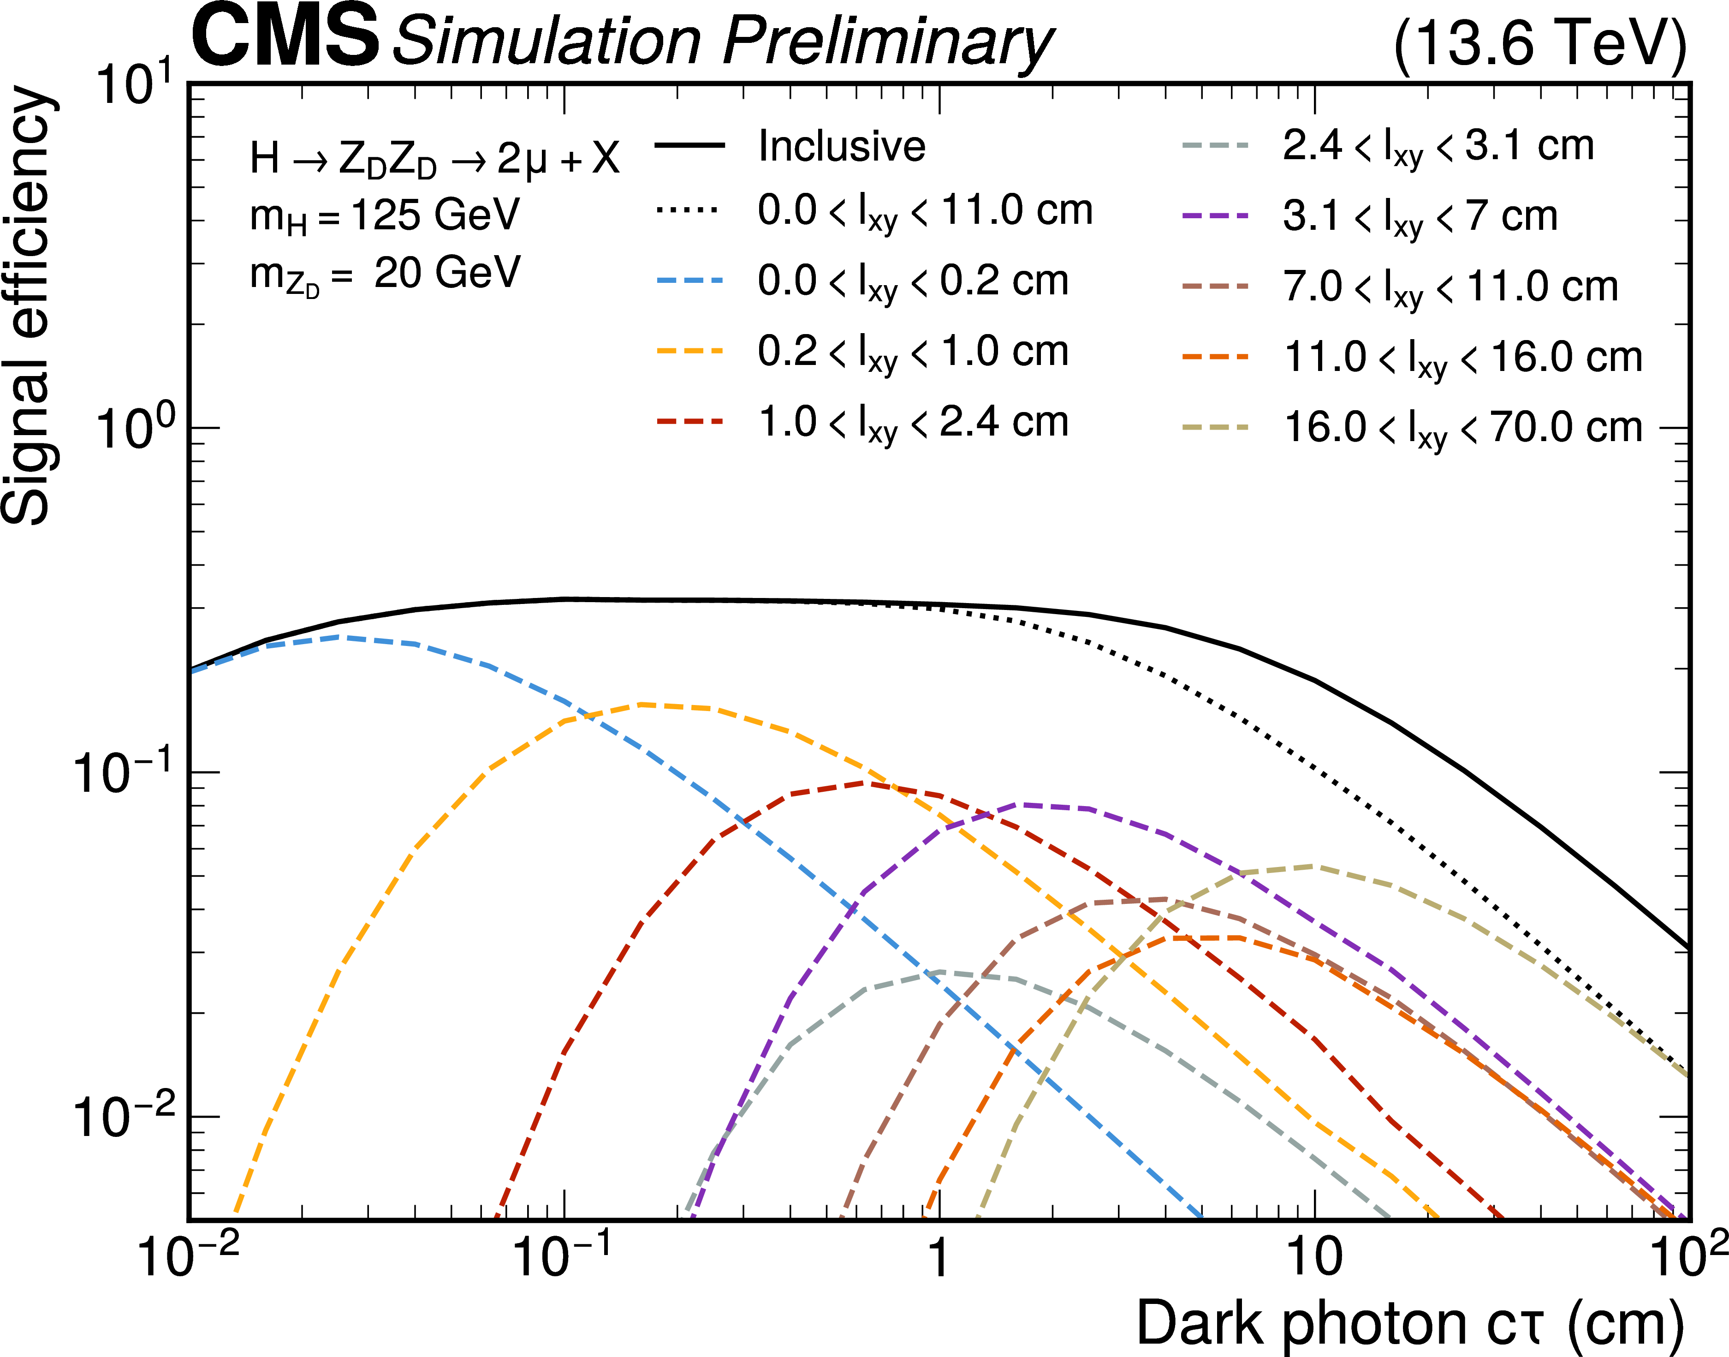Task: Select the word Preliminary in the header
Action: point(888,42)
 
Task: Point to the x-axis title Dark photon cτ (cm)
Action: point(1410,1323)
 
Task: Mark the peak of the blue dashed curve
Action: point(340,636)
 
